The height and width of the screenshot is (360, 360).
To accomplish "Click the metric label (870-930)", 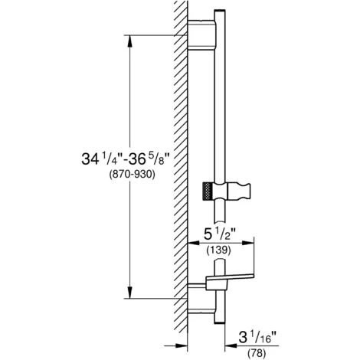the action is coord(132,175).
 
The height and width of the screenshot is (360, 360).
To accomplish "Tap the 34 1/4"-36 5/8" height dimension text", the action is coord(126,159).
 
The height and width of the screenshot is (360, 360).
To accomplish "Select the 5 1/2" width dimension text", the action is coord(219,234).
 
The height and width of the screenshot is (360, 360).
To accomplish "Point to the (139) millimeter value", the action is coord(218,250).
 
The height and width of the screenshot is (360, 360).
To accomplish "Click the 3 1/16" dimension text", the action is coord(258,338).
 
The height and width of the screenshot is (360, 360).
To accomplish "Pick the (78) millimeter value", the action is coord(257,353).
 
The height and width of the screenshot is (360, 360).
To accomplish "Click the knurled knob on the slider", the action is coord(207,191).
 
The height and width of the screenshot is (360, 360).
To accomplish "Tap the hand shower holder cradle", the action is coord(239,191).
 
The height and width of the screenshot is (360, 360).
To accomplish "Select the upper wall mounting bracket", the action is coord(201,34).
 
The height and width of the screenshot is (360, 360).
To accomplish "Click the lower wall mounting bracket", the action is coord(201,298).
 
